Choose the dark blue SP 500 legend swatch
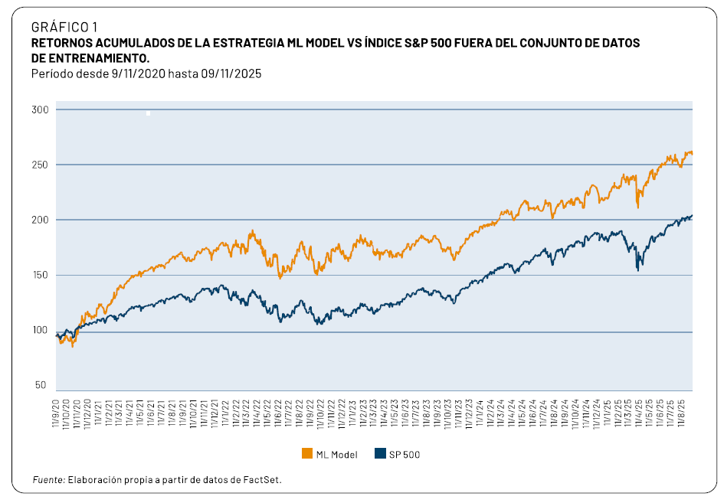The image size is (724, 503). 379,454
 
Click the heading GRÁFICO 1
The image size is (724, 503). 64,28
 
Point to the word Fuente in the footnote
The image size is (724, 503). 48,480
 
